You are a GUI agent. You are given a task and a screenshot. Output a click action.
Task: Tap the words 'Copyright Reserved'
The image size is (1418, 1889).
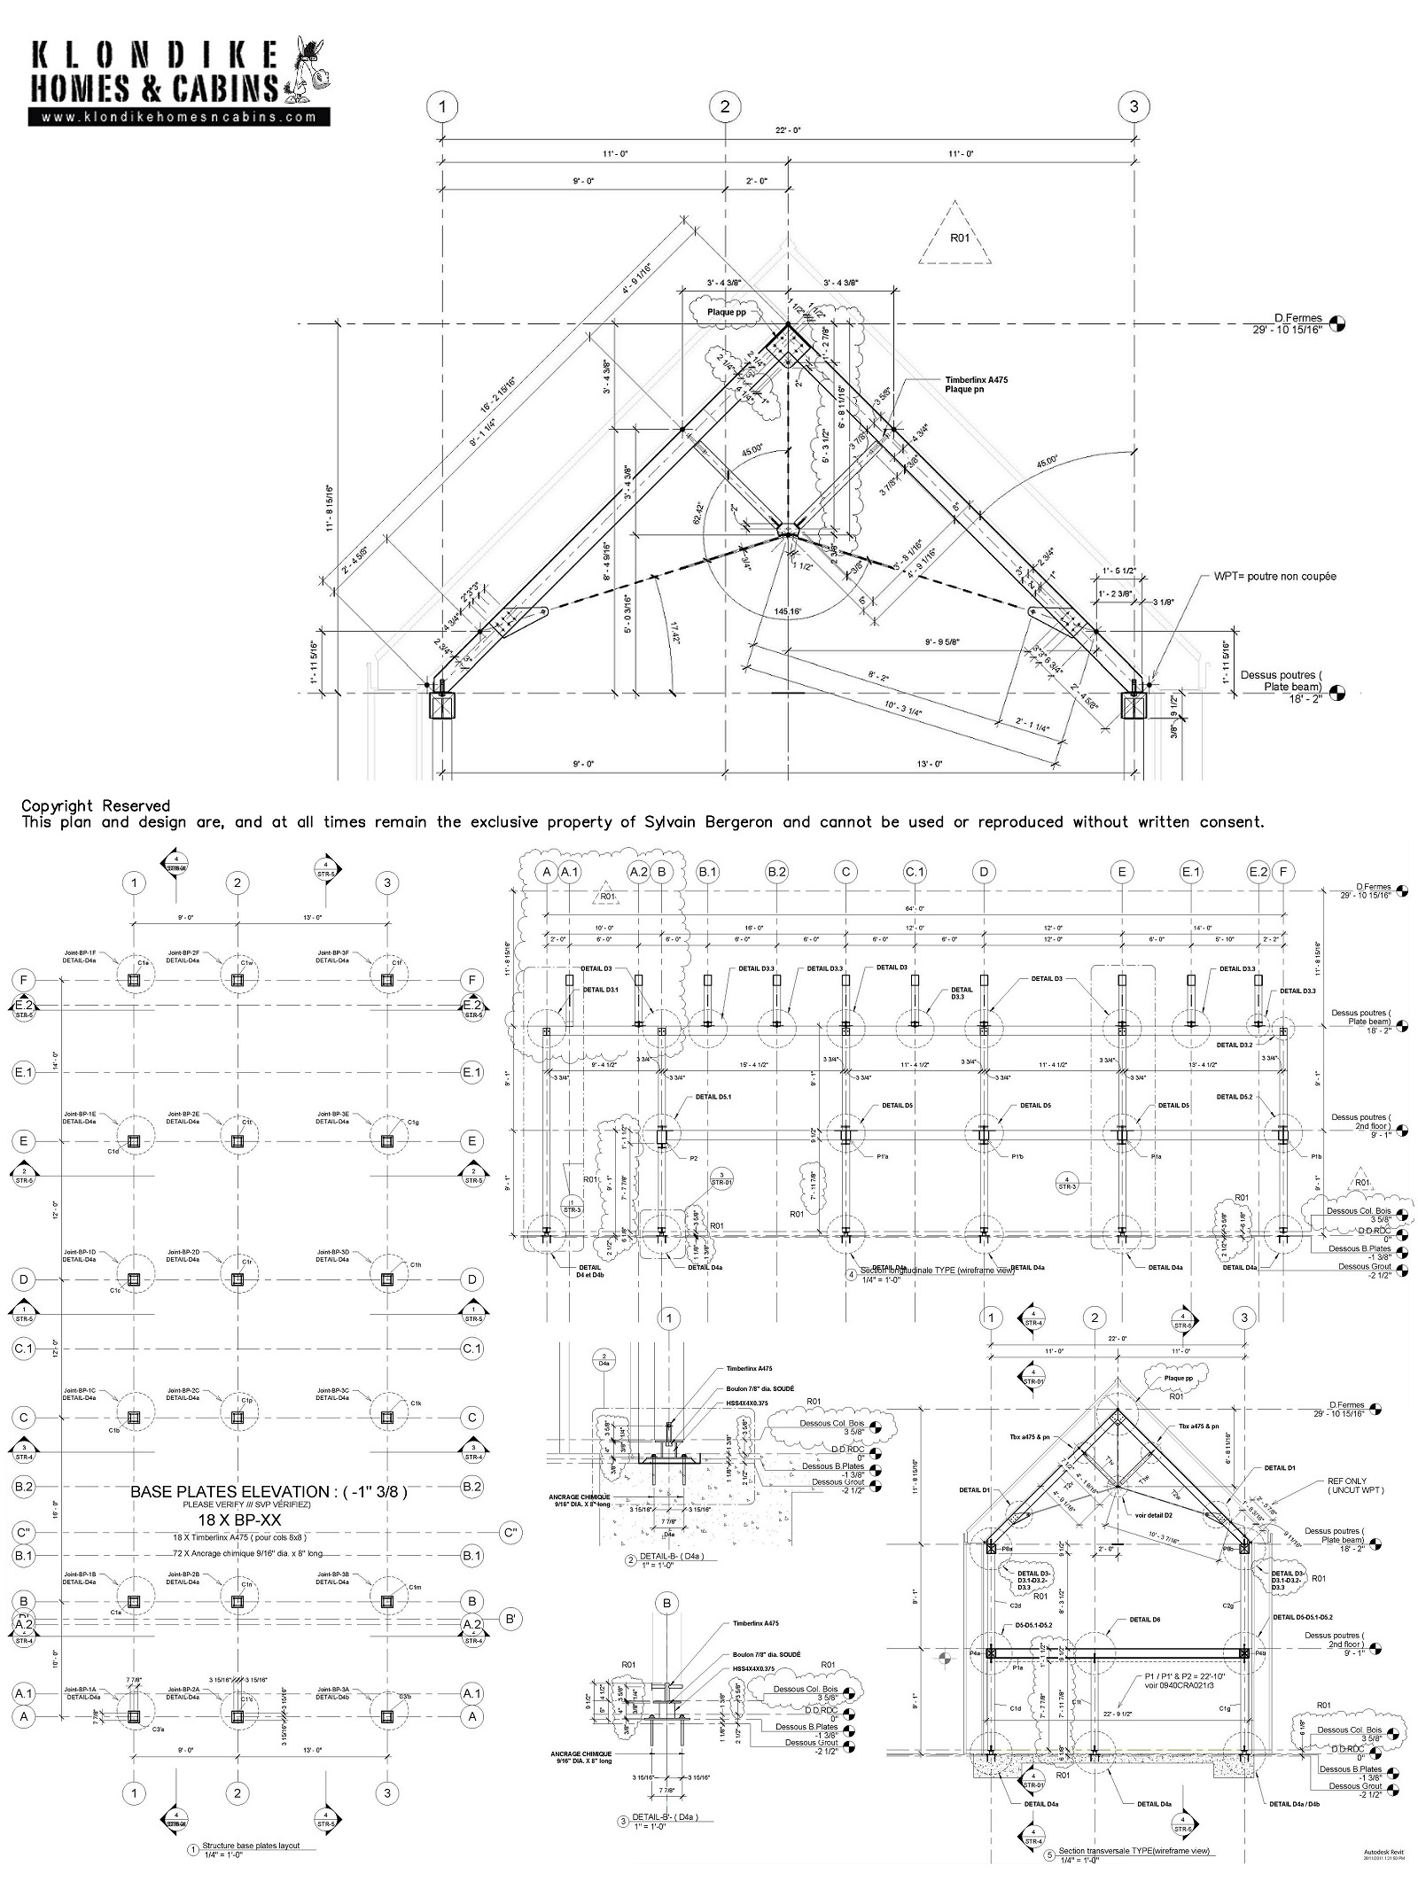point(96,805)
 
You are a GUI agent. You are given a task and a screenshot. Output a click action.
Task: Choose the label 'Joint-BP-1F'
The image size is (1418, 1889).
point(80,953)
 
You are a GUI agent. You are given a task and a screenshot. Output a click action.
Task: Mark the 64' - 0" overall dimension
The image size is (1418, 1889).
point(914,908)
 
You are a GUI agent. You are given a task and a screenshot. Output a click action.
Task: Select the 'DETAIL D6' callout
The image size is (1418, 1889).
point(1144,1620)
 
